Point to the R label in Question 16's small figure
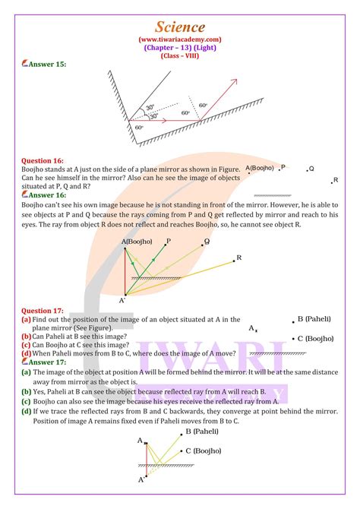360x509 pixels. point(336,180)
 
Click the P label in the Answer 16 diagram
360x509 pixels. point(168,240)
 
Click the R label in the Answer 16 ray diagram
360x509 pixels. point(238,258)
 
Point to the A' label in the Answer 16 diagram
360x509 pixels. point(122,301)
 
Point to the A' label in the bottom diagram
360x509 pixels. point(141,480)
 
